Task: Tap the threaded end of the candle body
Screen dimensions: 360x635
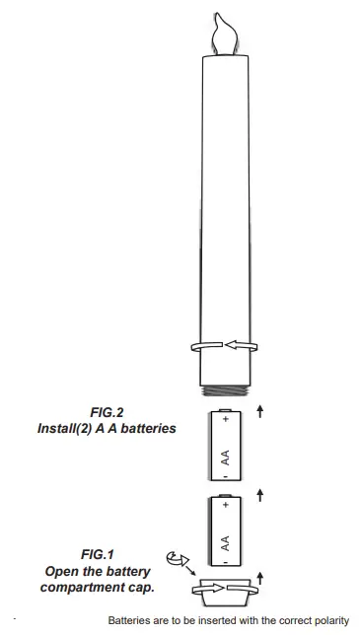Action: click(226, 390)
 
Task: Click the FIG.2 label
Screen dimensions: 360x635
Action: click(107, 413)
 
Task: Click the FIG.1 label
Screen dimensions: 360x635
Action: click(98, 554)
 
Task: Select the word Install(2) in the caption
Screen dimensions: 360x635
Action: click(65, 429)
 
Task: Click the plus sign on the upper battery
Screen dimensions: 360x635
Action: click(226, 419)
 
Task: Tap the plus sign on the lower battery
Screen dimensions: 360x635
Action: click(226, 505)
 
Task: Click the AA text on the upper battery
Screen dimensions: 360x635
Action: click(225, 458)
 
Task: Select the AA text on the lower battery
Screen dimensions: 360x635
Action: click(225, 543)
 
